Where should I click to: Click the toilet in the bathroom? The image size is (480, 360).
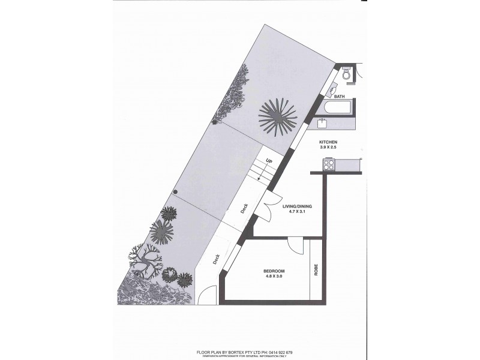(346, 74)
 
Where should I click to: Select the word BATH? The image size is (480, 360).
(339, 97)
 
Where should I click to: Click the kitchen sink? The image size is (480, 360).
(322, 124)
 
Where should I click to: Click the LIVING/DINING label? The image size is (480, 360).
(297, 206)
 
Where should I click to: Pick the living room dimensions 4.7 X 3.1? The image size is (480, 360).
(297, 212)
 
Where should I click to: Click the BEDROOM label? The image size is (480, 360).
(274, 271)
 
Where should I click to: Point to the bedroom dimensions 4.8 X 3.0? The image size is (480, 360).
(274, 277)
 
